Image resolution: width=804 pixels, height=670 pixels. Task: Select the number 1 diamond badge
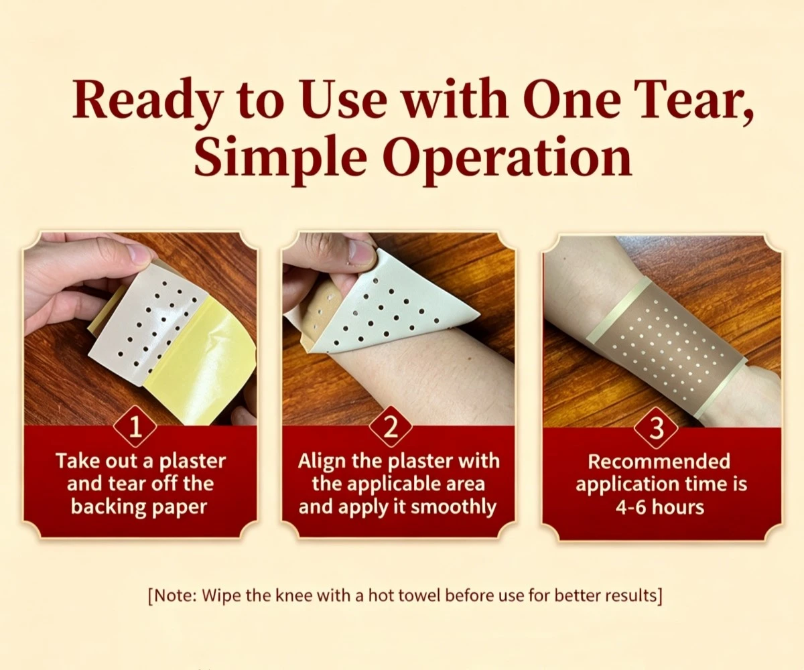pos(135,427)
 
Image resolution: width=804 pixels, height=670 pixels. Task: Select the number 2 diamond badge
pos(391,427)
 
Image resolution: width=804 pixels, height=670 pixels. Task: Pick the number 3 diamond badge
pos(656,427)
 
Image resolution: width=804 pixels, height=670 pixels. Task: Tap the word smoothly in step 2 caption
pos(454,507)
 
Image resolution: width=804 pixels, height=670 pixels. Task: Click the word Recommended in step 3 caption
pos(659,462)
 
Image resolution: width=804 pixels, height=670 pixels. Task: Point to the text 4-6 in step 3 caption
pos(629,507)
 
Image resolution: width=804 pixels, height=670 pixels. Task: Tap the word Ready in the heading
pos(147,101)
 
